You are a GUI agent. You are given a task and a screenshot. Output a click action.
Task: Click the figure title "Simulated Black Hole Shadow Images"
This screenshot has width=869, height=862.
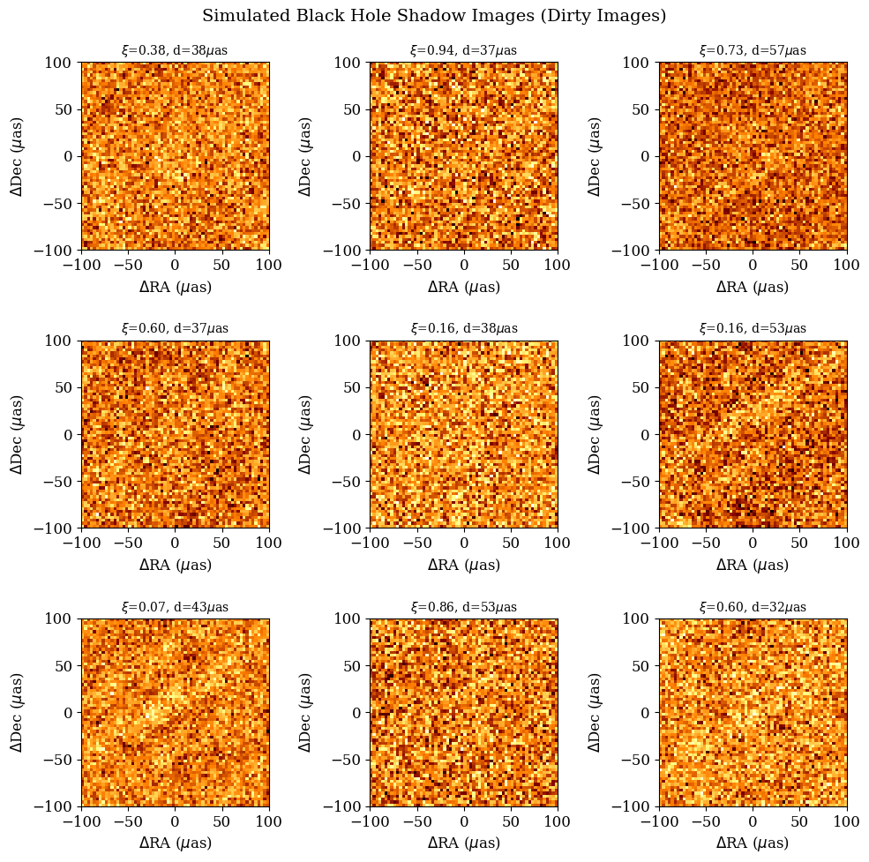[434, 16]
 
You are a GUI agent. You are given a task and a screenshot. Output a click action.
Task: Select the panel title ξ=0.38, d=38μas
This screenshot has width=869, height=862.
[175, 50]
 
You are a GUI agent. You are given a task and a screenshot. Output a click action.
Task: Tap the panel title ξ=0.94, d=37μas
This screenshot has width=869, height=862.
[463, 50]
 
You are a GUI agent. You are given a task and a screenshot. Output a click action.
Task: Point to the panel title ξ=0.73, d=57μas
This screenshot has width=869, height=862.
[753, 50]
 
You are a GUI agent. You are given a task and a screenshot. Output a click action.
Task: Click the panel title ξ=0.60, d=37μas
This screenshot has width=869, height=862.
[175, 328]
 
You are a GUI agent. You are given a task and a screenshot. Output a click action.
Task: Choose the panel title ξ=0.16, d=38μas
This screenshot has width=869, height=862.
[463, 328]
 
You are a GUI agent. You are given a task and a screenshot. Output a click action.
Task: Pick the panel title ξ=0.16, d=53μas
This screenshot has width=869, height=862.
[753, 328]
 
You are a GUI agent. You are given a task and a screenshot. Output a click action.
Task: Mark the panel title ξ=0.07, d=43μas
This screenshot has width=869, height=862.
[175, 607]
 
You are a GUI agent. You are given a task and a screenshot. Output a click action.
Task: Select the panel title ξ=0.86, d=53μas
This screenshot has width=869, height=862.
[463, 607]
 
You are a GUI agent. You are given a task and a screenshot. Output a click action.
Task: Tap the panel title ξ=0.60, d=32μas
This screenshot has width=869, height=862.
[753, 607]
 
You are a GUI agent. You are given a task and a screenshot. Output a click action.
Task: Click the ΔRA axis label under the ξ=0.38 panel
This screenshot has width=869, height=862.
[175, 287]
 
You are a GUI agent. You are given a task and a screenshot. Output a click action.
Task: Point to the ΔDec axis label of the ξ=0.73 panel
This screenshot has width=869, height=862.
[595, 156]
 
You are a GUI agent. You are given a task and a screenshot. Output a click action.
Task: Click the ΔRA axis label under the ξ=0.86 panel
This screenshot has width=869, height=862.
[463, 843]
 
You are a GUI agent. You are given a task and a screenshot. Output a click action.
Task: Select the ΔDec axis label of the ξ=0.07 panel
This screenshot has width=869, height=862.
[17, 713]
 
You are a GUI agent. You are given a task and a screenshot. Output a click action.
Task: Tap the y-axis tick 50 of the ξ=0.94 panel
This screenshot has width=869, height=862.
[353, 109]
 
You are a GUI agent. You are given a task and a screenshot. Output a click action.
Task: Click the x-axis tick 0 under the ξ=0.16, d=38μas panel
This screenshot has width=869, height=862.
[463, 543]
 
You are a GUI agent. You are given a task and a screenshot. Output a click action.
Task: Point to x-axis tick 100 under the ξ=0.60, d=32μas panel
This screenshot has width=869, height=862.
[846, 821]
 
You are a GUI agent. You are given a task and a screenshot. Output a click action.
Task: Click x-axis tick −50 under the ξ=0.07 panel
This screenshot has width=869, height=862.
[128, 821]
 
